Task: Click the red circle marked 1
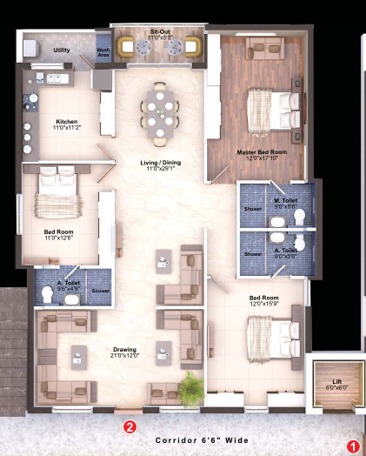[353, 445]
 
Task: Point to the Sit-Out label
[160, 30]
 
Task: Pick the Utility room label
[61, 50]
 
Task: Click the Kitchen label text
[68, 121]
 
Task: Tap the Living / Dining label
[160, 163]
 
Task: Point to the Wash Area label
[102, 51]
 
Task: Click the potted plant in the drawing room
[189, 383]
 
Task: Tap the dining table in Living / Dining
[159, 111]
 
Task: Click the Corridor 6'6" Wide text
[196, 441]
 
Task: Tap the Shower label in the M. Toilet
[252, 210]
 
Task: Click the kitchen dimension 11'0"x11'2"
[68, 128]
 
